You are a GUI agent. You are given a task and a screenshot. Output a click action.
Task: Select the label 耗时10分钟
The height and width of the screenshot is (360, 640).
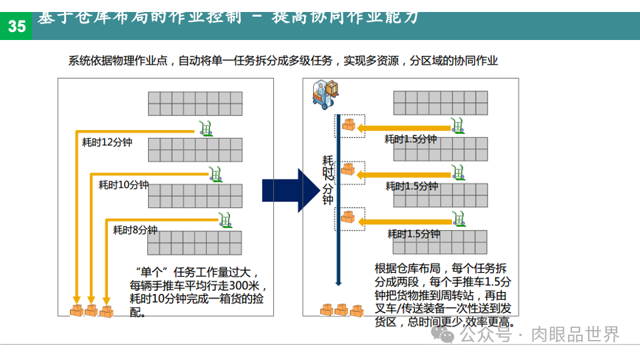pyautogui.click(x=124, y=185)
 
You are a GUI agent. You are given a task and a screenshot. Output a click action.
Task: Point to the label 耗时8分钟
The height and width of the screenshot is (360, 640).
pyautogui.click(x=135, y=230)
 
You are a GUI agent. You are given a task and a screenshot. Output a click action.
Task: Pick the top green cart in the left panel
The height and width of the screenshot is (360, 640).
pyautogui.click(x=206, y=127)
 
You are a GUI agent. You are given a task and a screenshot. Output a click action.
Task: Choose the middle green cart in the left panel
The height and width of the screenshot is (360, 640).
pyautogui.click(x=215, y=173)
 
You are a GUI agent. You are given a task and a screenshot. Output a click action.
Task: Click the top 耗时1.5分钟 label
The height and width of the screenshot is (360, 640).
pyautogui.click(x=411, y=139)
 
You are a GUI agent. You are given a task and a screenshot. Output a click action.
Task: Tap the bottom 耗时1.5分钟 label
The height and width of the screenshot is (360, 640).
pyautogui.click(x=413, y=234)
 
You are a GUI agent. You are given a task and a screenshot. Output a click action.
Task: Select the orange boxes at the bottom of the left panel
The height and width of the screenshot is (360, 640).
pyautogui.click(x=91, y=310)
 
